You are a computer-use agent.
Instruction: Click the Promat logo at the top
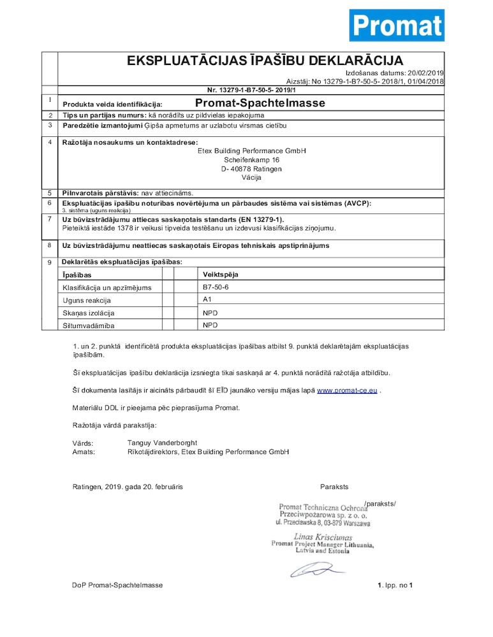(x=396, y=25)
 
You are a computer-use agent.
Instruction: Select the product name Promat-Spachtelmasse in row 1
(x=260, y=103)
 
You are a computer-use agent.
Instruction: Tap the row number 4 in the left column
(x=50, y=142)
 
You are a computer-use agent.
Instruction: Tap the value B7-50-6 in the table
(x=215, y=287)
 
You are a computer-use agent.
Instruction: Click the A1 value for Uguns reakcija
(x=207, y=299)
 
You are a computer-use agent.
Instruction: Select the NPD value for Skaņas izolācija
(x=210, y=313)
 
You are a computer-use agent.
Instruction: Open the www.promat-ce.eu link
(x=347, y=390)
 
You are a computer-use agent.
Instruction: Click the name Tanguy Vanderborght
(x=162, y=443)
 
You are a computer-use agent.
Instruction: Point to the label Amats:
(x=84, y=452)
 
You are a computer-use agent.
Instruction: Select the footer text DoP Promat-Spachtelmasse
(x=117, y=585)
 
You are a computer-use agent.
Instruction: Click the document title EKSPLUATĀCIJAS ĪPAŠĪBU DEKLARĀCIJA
(x=265, y=61)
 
